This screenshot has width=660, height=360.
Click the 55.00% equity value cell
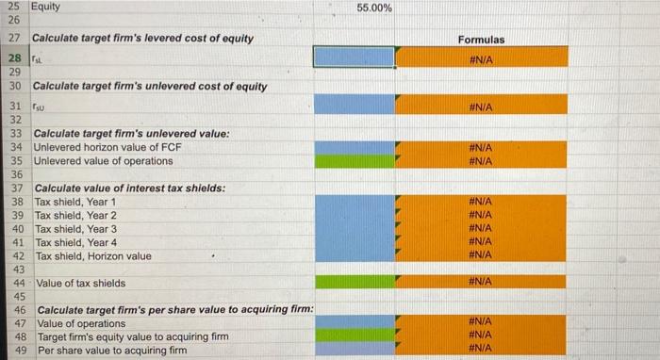pos(375,8)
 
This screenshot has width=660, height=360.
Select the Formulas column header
pos(482,40)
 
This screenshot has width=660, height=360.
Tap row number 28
pos(15,57)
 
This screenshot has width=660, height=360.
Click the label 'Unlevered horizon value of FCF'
pos(107,147)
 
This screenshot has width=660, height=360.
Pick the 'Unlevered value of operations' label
pos(104,161)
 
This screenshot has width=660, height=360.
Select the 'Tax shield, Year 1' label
pos(75,202)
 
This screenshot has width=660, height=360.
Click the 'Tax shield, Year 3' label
pos(75,229)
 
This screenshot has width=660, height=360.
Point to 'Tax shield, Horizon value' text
pos(92,256)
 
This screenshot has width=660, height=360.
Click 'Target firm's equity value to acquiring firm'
pos(132,336)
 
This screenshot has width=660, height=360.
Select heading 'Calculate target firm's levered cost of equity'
pos(140,38)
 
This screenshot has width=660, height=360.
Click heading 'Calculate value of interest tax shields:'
pos(129,188)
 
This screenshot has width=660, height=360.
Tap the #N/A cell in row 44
pos(482,282)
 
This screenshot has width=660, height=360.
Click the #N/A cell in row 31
pos(482,107)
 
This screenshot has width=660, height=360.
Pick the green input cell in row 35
pos(353,161)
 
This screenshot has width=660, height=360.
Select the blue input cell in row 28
pos(353,57)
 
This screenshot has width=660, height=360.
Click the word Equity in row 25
pos(45,7)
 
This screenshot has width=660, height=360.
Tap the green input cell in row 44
pos(353,282)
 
